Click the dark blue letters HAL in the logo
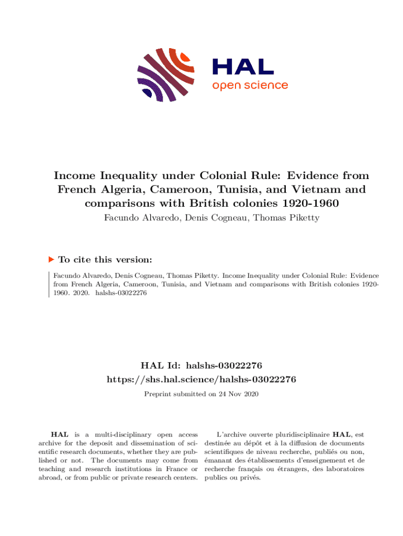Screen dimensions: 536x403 (x=242, y=66)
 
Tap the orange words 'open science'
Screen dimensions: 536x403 (x=250, y=85)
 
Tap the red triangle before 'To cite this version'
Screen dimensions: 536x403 (x=51, y=259)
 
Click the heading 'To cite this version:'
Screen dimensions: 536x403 (x=105, y=260)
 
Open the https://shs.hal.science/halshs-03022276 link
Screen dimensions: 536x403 (x=201, y=379)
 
